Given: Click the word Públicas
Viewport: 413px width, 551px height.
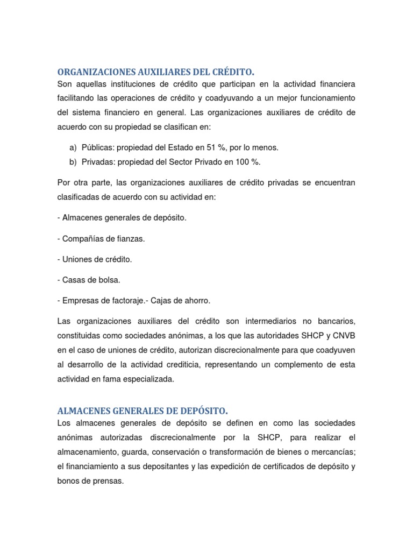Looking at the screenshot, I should click(x=98, y=147).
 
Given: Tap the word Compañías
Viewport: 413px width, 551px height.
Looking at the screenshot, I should click(x=85, y=238).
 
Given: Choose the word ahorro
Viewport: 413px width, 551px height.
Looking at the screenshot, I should click(x=197, y=300).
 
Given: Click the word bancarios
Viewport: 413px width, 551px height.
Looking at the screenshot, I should click(x=337, y=321).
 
